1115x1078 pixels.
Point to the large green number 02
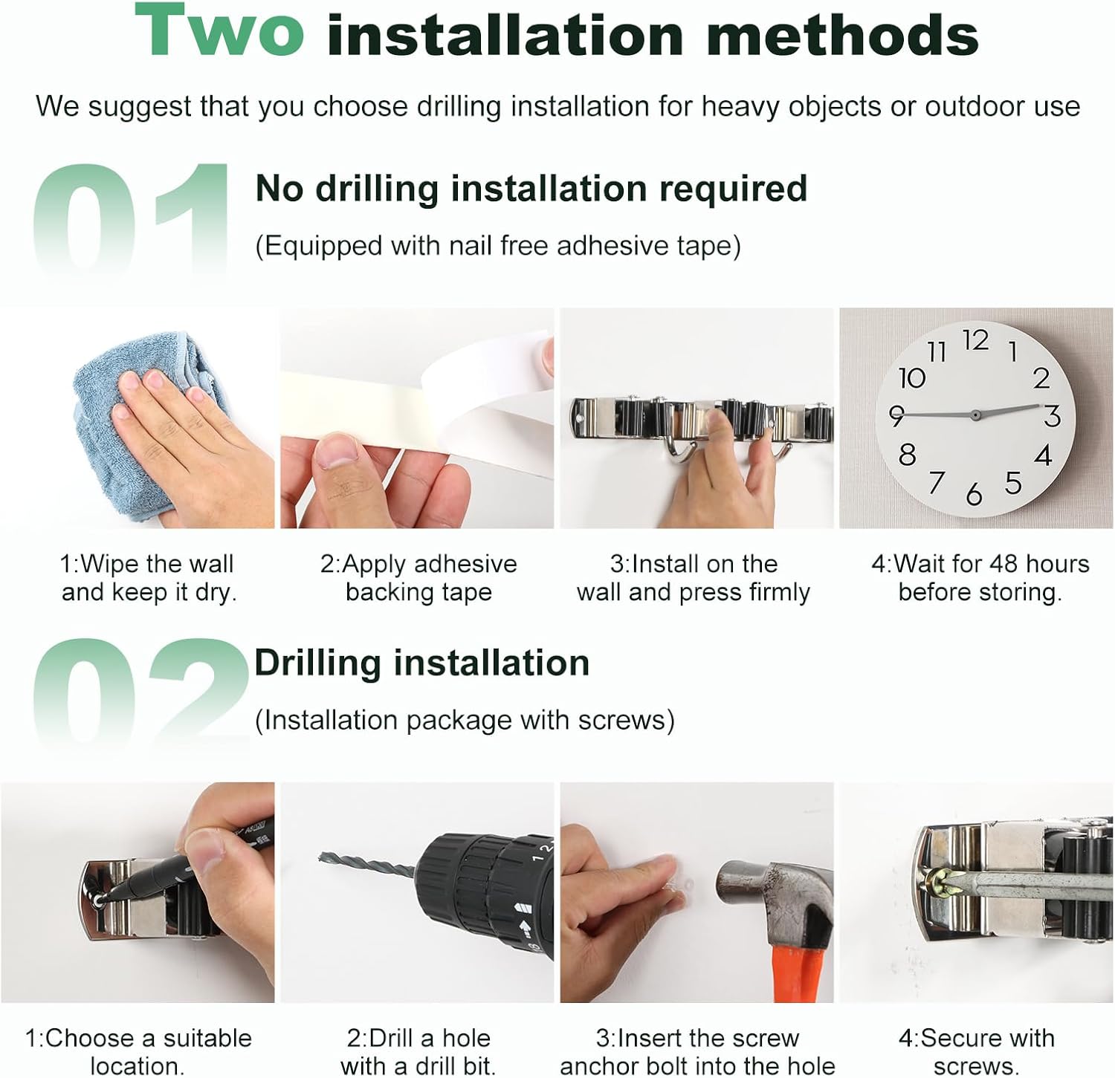coord(140,691)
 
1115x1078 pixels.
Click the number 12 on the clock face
coord(975,340)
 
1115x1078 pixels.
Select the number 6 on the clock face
coord(974,494)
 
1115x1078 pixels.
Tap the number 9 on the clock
coord(896,415)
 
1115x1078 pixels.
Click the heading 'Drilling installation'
coord(421,663)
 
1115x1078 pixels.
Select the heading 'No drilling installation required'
coord(531,189)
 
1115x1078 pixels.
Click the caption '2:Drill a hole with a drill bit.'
coord(418,1051)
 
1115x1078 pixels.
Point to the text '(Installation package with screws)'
coord(465,720)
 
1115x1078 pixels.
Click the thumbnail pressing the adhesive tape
coord(417,418)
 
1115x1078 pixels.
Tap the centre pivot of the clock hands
coord(975,415)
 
